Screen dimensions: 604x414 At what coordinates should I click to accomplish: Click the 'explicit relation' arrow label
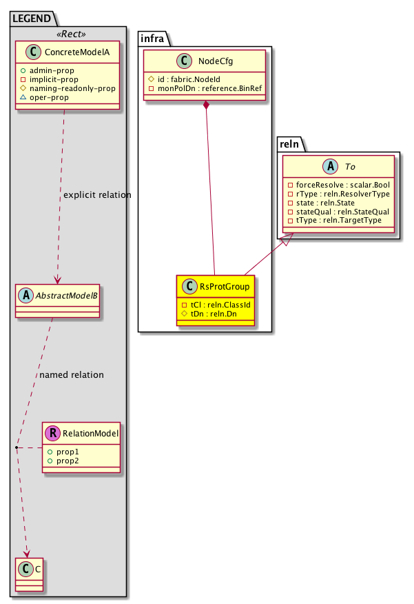96,195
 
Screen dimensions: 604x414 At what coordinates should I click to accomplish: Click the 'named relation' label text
72,375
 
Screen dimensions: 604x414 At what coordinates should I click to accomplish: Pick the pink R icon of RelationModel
53,434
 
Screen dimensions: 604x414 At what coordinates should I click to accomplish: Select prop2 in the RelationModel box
68,460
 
